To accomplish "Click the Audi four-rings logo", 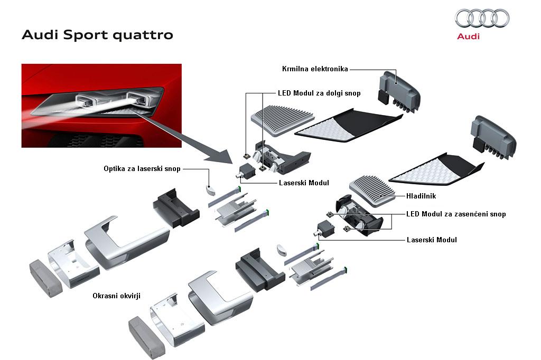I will point(482,19).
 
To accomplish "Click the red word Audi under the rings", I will point(468,37).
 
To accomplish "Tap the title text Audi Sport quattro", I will point(97,35).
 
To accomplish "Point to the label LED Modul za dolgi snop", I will point(319,93).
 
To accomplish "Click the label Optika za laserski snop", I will point(142,169).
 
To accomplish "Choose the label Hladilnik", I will point(421,196).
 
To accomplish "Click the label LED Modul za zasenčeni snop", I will point(456,214).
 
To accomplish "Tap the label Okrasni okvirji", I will point(117,296).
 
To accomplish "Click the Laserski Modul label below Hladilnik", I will point(432,240).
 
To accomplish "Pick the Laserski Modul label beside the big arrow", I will point(304,183).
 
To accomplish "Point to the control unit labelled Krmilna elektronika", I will point(399,90).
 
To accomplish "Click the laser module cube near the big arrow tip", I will point(246,170).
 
